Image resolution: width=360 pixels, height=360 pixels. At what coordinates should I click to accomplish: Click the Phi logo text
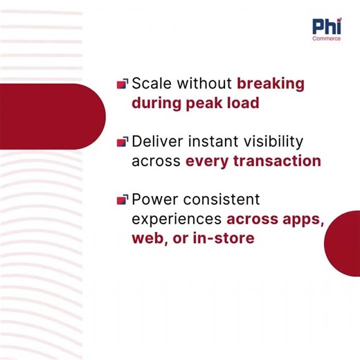click(325, 27)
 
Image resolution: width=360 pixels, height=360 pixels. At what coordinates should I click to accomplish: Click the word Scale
click(152, 84)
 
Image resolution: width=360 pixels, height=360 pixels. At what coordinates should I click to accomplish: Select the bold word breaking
click(270, 84)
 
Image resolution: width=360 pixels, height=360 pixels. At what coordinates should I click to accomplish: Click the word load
click(245, 103)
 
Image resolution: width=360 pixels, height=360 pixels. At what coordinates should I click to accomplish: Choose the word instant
click(212, 142)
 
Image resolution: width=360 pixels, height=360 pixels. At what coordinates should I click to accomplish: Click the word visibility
click(273, 142)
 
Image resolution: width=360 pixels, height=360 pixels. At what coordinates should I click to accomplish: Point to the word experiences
click(177, 219)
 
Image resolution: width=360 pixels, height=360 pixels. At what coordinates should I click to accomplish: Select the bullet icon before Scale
click(122, 84)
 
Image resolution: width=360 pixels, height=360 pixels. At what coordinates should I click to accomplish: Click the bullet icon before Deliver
click(122, 142)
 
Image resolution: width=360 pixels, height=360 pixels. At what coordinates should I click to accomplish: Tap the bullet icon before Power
click(122, 200)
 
